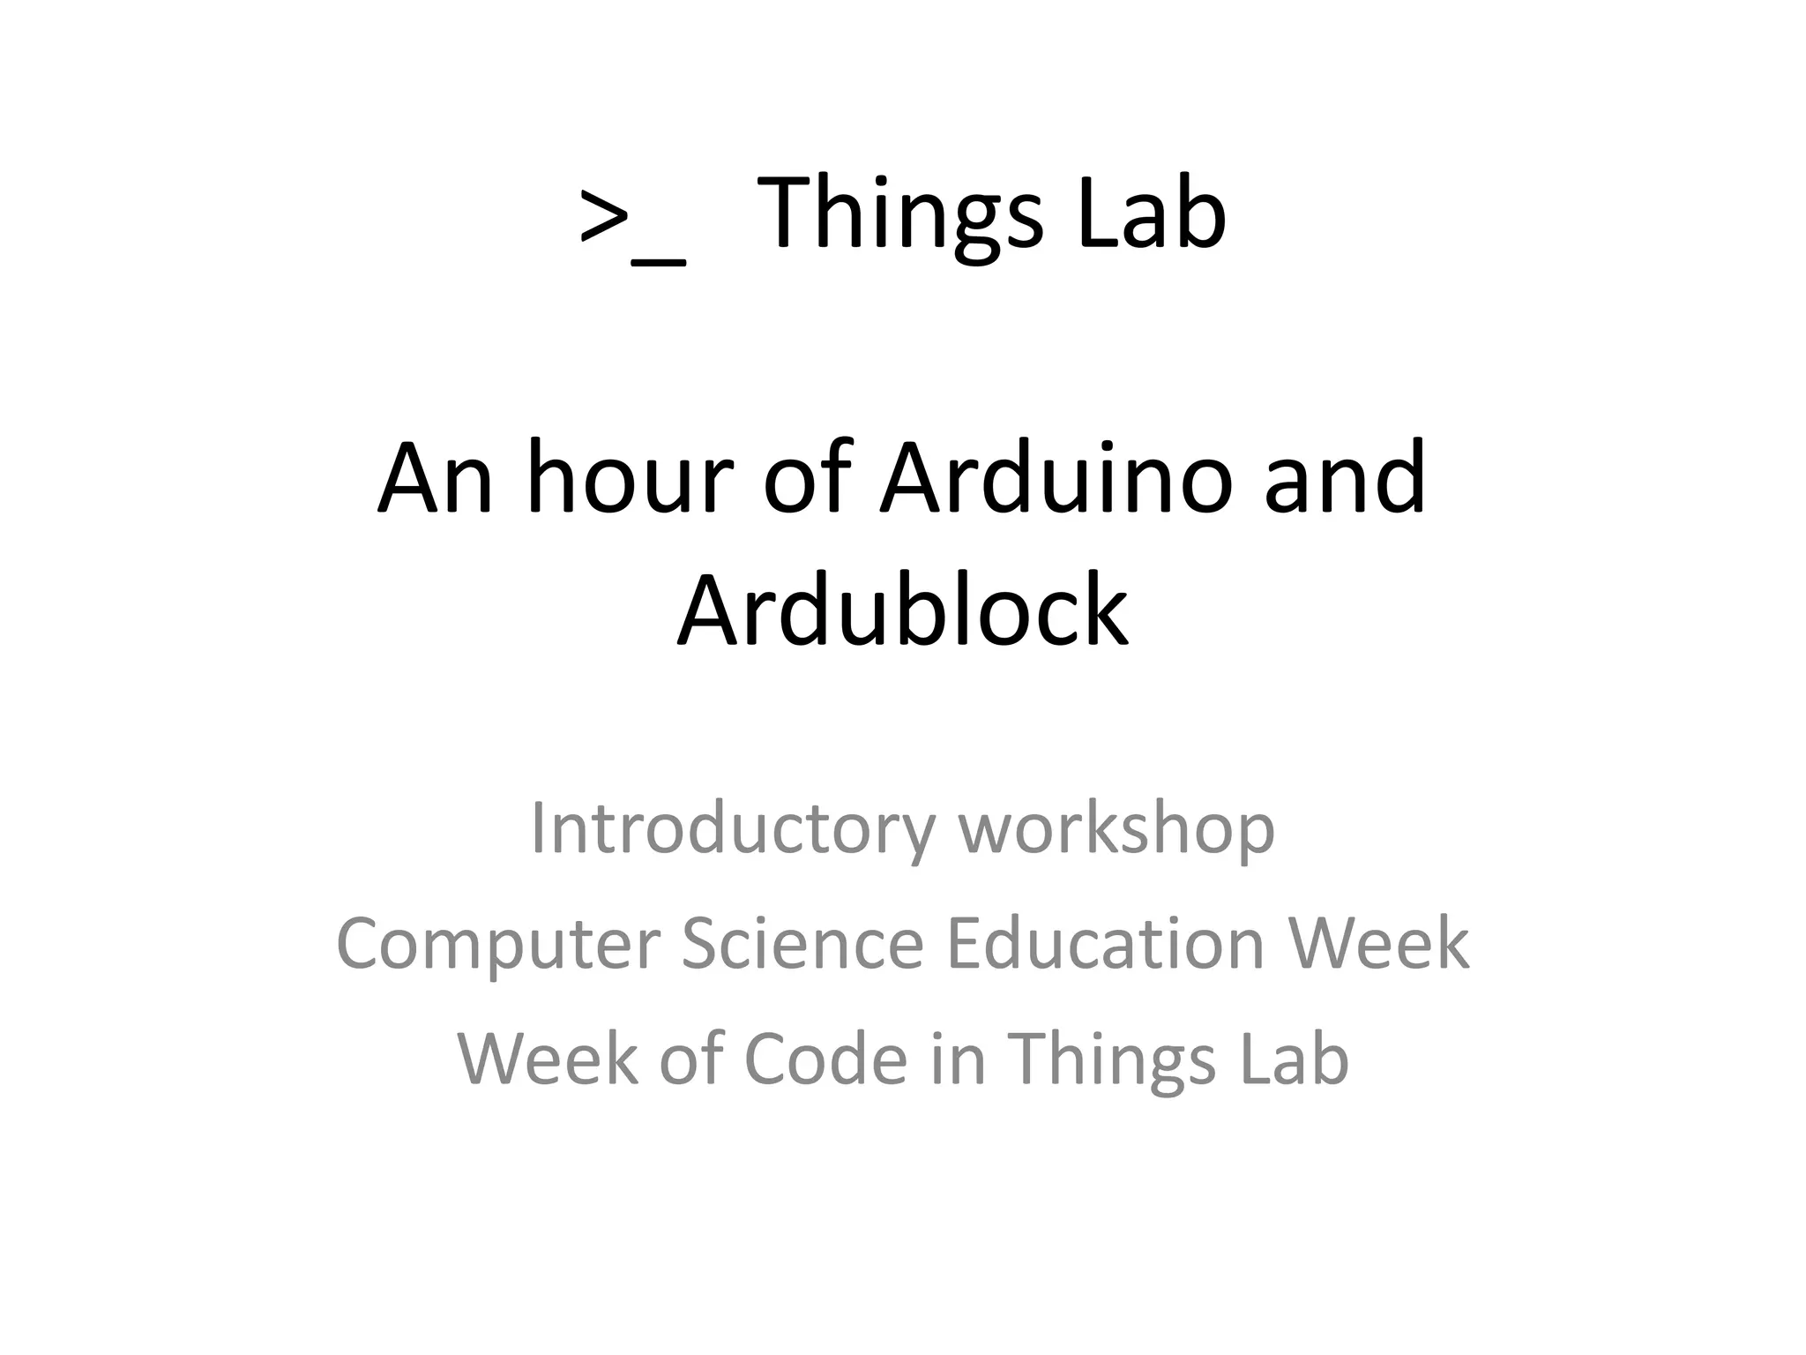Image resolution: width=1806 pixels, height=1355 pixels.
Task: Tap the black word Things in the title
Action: [x=899, y=214]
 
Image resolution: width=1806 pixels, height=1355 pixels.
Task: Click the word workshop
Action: [x=1116, y=829]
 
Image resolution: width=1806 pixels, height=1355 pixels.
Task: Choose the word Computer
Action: [x=498, y=944]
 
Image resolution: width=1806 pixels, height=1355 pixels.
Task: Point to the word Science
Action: [x=802, y=943]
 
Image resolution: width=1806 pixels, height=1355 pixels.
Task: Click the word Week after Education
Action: [x=1379, y=943]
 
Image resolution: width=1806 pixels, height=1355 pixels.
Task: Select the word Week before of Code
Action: [x=547, y=1058]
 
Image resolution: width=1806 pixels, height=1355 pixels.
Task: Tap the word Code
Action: [x=825, y=1058]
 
